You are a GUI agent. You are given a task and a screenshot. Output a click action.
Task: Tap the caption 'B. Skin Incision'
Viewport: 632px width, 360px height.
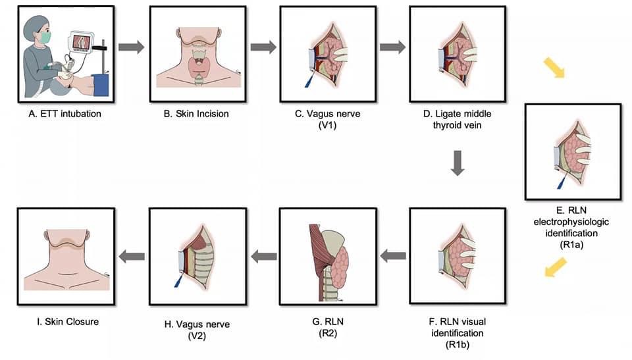point(196,114)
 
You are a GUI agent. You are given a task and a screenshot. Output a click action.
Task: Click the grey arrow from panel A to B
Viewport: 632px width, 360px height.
point(131,47)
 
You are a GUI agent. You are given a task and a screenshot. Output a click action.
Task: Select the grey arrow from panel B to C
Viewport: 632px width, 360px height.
point(263,47)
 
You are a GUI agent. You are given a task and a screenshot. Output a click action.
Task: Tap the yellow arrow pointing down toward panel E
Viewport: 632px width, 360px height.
point(554,68)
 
